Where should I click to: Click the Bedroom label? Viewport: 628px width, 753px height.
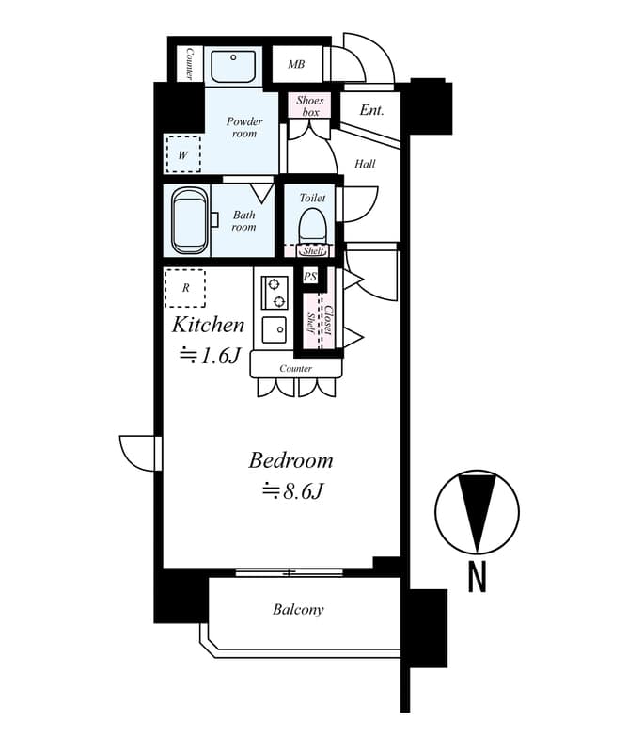[x=290, y=460]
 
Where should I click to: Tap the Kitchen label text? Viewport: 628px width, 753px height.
[x=208, y=325]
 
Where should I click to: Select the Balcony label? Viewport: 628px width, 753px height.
[x=298, y=610]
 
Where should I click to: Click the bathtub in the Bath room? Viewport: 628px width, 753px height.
[x=190, y=220]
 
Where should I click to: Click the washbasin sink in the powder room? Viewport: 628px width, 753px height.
[x=233, y=66]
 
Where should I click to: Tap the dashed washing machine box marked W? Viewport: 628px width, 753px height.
[x=182, y=154]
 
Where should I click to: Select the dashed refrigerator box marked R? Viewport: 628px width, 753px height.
[x=185, y=288]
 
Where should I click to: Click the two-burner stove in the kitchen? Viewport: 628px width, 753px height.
[x=275, y=293]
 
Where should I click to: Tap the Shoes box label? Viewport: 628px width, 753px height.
[x=310, y=106]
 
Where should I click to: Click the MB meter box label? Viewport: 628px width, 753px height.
[x=296, y=64]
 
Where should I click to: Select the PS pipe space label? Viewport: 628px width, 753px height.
[x=310, y=277]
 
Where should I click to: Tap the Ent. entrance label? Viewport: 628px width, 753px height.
[x=371, y=110]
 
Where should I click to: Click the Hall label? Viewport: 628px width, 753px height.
[x=365, y=164]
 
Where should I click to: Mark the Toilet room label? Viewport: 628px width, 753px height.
[x=312, y=198]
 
